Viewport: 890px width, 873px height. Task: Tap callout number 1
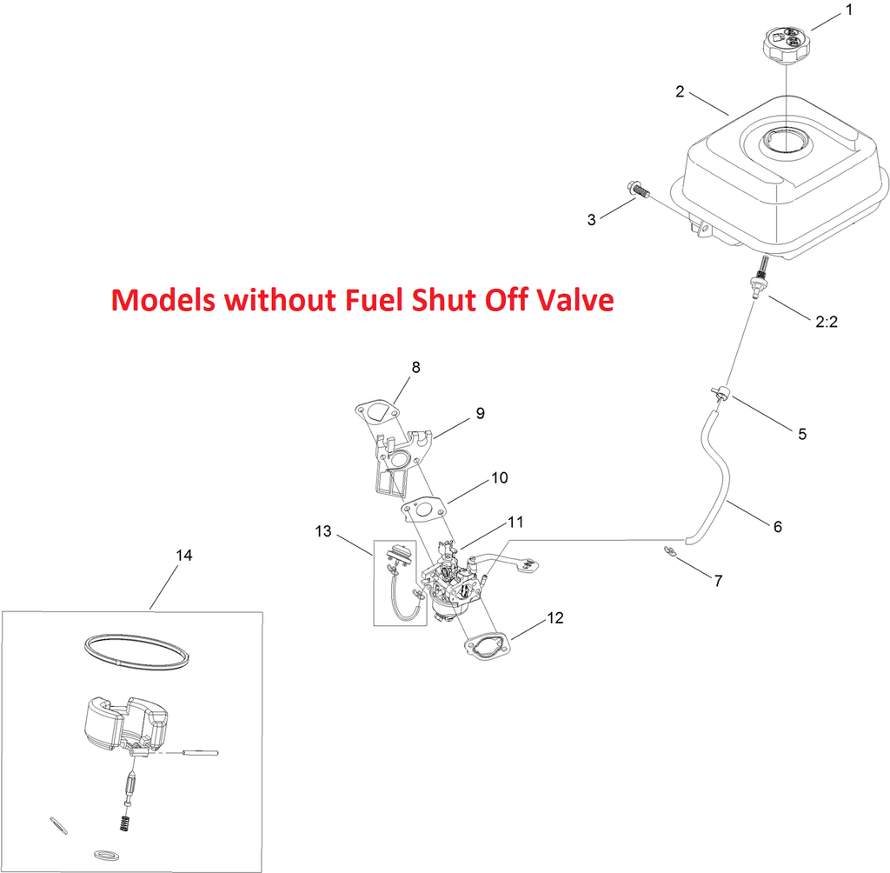(849, 10)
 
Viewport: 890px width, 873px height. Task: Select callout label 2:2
(827, 322)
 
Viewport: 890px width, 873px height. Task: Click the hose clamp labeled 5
(719, 392)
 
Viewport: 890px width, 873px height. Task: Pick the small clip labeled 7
(670, 551)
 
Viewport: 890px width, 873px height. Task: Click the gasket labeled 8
(375, 410)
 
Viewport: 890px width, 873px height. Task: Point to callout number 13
(323, 531)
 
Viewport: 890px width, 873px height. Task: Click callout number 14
(184, 555)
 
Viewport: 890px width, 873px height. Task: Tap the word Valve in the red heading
(578, 299)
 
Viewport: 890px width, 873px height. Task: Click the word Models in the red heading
(163, 299)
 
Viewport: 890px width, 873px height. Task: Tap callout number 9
(480, 414)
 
